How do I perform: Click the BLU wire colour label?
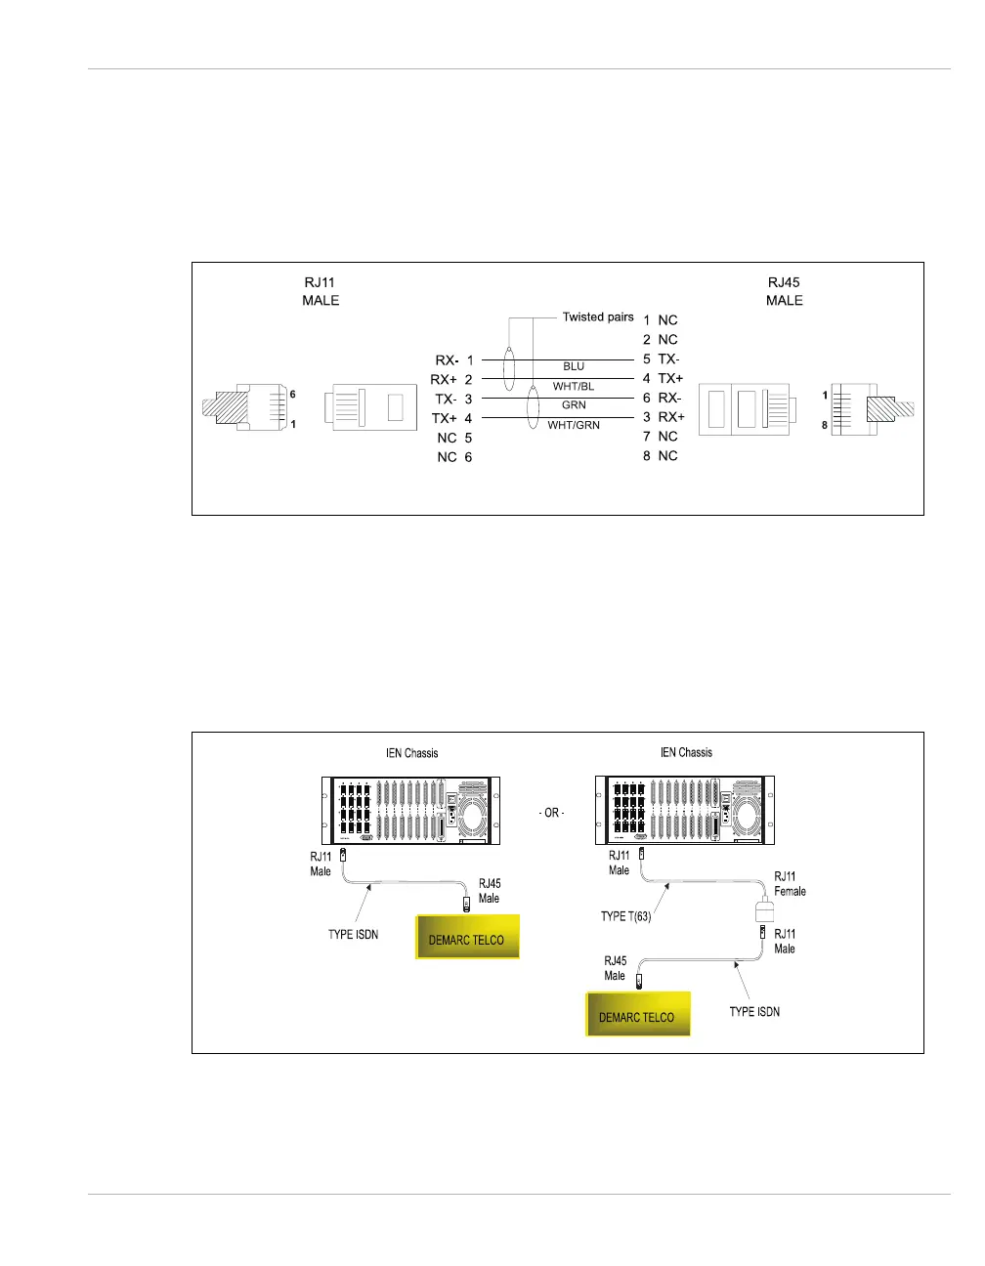tap(574, 366)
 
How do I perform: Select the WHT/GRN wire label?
tap(574, 425)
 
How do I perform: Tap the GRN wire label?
tap(574, 404)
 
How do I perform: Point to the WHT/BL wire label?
tap(574, 386)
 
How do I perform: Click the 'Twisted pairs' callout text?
tap(598, 316)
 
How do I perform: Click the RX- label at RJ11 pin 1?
tap(447, 360)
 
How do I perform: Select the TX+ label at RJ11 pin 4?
tap(445, 418)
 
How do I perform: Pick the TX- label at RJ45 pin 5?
tap(669, 359)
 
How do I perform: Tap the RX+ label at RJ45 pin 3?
tap(671, 417)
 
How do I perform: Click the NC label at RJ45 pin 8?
tap(668, 455)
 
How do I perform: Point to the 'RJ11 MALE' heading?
tap(321, 291)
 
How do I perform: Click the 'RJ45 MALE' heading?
tap(784, 291)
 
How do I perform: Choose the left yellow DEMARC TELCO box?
tap(467, 938)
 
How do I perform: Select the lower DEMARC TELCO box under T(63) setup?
tap(637, 1015)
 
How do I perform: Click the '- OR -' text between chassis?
tap(552, 813)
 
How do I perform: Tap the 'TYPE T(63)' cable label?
tap(625, 916)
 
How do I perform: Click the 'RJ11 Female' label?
tap(790, 883)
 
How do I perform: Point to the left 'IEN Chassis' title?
tap(412, 753)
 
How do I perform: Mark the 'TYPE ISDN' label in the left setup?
tap(353, 935)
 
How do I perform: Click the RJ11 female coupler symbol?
tap(765, 912)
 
